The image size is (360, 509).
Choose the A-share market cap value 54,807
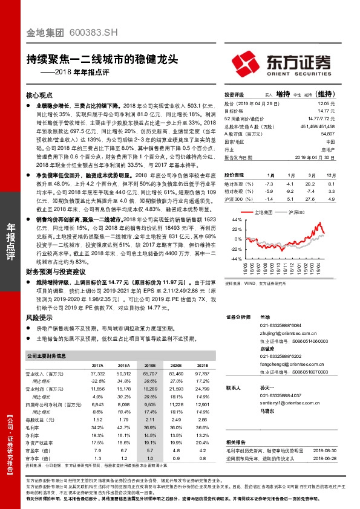(326, 133)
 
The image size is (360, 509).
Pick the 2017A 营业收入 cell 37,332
(97, 375)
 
